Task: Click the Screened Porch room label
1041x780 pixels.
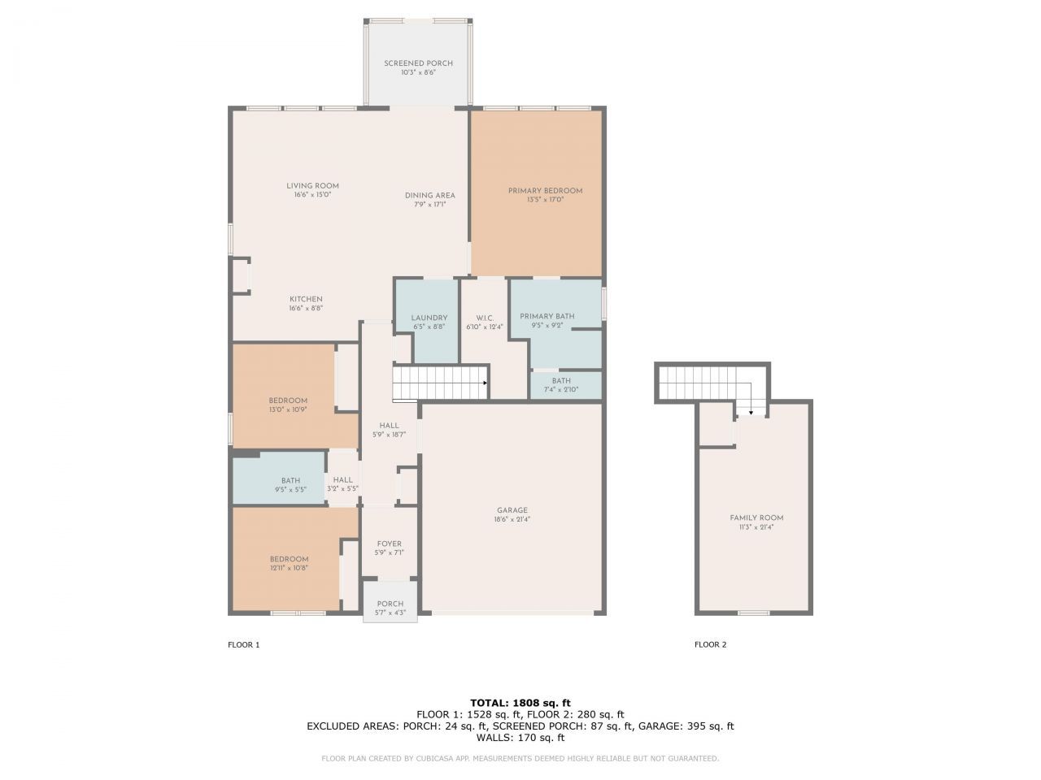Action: (x=418, y=63)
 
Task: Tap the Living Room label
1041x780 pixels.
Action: (x=312, y=186)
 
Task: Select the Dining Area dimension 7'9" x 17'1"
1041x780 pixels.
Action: (x=429, y=205)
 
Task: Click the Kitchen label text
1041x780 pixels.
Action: (x=306, y=299)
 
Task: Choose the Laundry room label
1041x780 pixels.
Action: (x=429, y=318)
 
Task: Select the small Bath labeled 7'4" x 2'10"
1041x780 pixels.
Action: (x=561, y=385)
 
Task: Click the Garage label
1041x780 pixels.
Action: (x=512, y=510)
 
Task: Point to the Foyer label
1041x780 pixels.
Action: (x=389, y=544)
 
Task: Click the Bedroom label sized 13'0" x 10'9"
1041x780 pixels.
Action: (x=288, y=401)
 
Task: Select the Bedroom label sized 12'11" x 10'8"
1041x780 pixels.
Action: (x=289, y=559)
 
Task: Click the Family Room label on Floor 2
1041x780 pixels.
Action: (x=756, y=518)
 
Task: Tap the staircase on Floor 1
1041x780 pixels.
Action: (x=439, y=382)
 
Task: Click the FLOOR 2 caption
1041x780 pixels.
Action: (x=710, y=645)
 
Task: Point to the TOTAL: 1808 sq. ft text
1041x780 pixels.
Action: (x=520, y=703)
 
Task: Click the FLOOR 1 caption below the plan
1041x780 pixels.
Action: (x=243, y=645)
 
